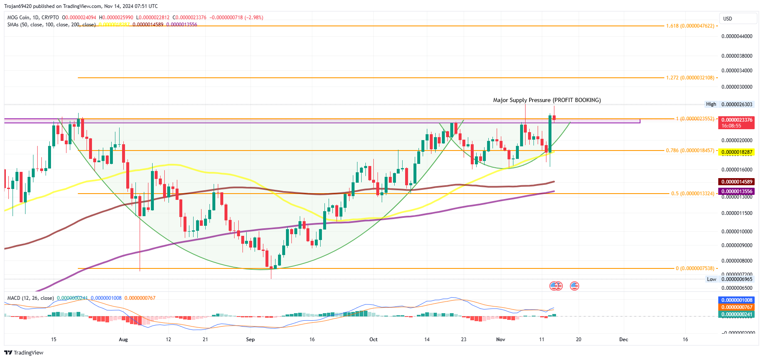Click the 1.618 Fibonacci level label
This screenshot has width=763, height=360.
690,26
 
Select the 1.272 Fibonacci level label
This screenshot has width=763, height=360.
690,78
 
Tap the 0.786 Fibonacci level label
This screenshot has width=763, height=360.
690,151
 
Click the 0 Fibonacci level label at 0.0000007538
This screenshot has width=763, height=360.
695,268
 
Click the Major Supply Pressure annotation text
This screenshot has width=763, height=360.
546,100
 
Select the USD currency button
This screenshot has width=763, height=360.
737,19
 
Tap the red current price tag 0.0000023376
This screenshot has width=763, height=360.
737,120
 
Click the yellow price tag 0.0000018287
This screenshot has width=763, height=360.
737,152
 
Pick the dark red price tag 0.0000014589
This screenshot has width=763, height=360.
737,182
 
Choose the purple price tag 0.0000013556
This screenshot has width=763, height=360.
737,191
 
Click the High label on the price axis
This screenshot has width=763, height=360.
711,105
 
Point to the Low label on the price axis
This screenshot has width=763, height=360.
711,279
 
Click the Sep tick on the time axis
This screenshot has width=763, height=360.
250,340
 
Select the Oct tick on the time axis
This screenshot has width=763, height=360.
373,340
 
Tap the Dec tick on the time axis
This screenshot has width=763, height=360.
623,340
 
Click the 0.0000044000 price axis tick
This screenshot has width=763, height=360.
737,36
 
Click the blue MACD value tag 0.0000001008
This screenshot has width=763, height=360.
737,300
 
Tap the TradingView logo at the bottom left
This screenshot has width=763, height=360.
24,353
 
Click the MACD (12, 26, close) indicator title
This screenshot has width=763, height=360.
31,298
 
